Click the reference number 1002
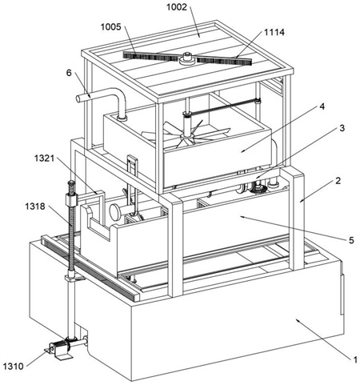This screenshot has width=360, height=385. [177, 7]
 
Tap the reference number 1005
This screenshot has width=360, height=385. [110, 26]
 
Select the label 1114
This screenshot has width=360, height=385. [274, 32]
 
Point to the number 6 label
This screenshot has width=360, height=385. [69, 73]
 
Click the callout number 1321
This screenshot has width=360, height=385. [44, 158]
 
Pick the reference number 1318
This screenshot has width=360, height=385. [35, 206]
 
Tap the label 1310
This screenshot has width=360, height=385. [14, 366]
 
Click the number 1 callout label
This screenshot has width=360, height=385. [355, 360]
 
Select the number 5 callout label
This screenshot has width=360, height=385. [351, 240]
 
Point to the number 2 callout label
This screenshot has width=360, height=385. [338, 181]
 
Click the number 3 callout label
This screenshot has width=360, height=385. [342, 128]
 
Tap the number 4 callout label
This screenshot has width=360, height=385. [322, 106]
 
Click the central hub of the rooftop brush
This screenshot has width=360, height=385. [186, 58]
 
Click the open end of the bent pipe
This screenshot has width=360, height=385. [78, 98]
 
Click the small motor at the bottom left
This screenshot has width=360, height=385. [61, 349]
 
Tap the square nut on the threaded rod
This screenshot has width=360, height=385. [71, 199]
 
